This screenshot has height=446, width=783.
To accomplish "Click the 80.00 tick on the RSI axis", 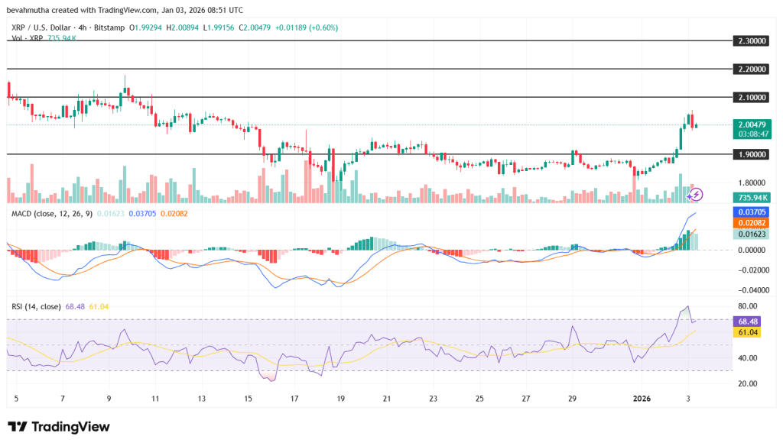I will (x=748, y=306).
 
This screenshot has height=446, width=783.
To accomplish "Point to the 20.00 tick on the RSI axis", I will (x=748, y=384).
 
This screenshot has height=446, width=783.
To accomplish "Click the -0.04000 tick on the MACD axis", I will (x=751, y=290).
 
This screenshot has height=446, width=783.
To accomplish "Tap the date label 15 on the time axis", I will (x=248, y=399).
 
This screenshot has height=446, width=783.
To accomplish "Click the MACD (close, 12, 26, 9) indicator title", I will (x=52, y=213).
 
